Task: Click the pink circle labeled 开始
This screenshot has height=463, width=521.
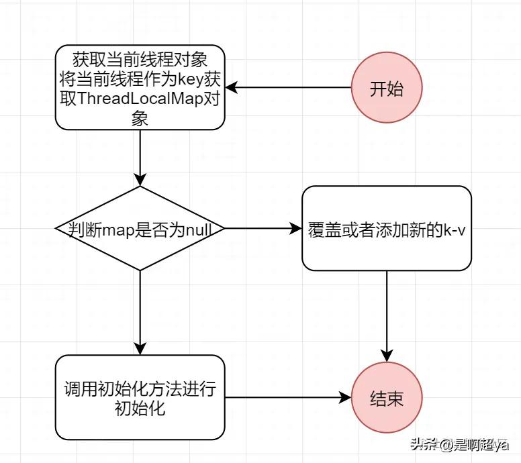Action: (387, 87)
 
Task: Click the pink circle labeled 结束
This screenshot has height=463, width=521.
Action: (387, 397)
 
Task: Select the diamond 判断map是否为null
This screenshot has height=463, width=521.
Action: (140, 229)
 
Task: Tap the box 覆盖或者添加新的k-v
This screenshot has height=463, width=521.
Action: (387, 229)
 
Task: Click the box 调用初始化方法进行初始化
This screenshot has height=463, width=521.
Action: (140, 397)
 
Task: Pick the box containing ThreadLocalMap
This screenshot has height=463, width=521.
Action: (140, 87)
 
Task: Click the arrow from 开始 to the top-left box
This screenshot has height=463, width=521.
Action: (288, 87)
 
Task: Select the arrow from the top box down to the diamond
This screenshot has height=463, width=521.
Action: (140, 158)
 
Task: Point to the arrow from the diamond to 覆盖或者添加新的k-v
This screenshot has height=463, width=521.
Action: (263, 229)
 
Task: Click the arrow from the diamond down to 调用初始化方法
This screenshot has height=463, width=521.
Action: (140, 313)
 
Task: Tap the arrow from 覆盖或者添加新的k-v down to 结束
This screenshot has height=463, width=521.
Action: (387, 317)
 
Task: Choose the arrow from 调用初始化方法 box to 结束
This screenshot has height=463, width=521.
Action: (288, 397)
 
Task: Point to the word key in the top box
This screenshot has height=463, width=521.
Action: (191, 80)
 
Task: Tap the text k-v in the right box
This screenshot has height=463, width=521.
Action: (455, 229)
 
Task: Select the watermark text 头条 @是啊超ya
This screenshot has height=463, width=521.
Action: (459, 444)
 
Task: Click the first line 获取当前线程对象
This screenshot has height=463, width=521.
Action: (140, 60)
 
